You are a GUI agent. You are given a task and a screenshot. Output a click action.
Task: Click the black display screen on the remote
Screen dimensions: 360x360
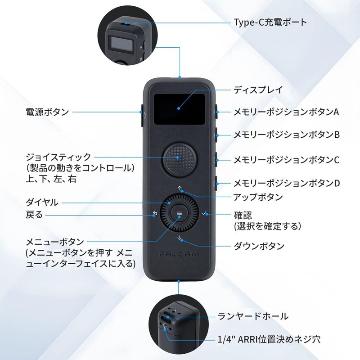179,109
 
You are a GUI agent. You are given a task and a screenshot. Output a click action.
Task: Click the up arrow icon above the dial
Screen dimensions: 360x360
180,189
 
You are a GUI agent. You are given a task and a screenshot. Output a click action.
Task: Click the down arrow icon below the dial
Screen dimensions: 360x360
180,238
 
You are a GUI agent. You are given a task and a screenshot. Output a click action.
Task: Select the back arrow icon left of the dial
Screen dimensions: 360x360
155,213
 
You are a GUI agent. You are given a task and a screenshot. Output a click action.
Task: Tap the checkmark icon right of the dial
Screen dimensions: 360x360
204,213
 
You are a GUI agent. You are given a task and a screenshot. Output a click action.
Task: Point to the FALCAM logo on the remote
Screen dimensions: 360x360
179,254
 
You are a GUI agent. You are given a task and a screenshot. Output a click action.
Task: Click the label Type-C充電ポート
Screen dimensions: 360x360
270,22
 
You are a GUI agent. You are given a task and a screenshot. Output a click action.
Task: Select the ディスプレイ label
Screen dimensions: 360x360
258,90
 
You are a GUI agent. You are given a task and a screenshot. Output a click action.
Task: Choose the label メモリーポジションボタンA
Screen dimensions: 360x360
286,112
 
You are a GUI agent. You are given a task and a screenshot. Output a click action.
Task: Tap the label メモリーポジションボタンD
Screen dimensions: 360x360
287,183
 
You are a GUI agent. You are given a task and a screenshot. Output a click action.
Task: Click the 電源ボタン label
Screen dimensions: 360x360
47,112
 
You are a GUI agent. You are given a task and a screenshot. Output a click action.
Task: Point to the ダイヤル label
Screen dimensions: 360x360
42,202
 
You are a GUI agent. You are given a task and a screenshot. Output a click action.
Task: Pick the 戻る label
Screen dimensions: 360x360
34,215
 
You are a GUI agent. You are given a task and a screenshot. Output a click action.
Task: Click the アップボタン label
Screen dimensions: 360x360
258,197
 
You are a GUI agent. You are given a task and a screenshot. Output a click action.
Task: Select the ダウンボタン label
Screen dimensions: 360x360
259,246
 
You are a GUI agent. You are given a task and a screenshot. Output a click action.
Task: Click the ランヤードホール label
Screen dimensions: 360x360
253,316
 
